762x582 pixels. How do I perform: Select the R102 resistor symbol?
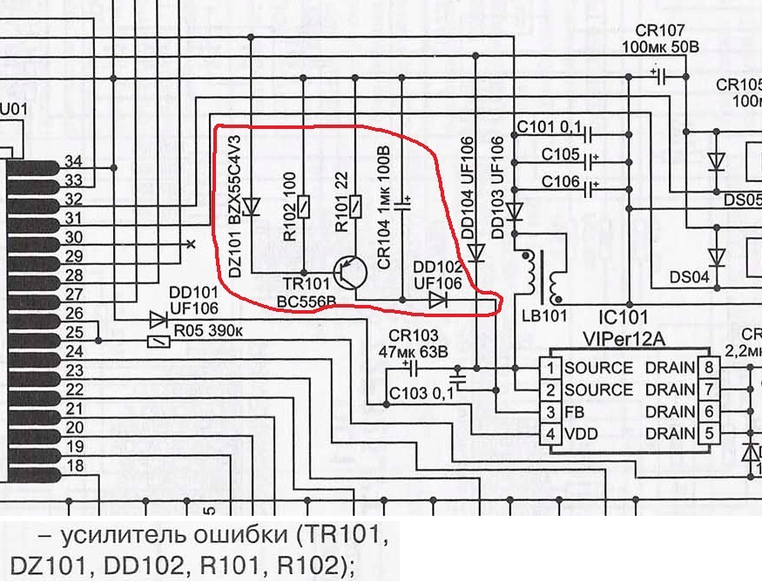coord(302,206)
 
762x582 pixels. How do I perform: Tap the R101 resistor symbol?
coord(355,206)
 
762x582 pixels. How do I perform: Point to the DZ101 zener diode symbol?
coord(251,206)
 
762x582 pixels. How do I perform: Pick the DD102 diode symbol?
coord(438,301)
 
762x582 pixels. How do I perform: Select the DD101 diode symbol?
coord(157,320)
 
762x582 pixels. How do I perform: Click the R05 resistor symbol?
coord(157,341)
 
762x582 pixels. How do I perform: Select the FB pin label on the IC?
coord(574,411)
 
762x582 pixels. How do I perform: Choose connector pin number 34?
coord(74,161)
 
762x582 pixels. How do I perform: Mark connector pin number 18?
coord(74,465)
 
